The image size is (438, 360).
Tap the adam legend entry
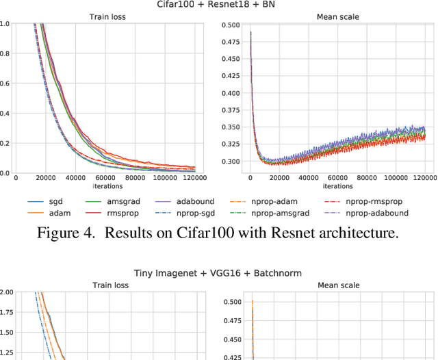click(55, 213)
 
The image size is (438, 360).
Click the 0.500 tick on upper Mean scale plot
click(231, 25)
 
